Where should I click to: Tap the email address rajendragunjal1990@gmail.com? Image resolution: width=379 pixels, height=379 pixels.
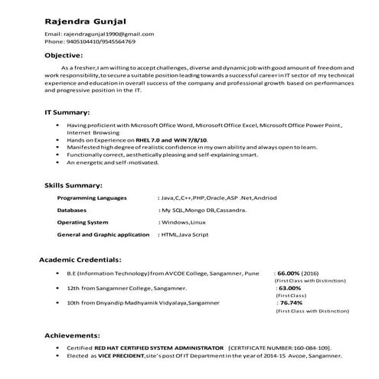pos(107,34)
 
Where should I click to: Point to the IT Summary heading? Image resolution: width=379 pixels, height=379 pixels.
pos(67,112)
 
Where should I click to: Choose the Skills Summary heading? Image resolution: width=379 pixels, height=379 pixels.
pos(73,185)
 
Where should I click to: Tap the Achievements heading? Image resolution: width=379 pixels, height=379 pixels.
pos(72,335)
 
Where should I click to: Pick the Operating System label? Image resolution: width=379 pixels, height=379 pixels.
pos(83,221)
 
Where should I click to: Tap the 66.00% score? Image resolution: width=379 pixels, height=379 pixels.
pos(289,273)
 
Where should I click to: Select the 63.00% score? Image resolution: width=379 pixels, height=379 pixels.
pos(289,287)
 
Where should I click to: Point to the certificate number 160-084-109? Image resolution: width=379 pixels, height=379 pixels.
pos(313,347)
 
